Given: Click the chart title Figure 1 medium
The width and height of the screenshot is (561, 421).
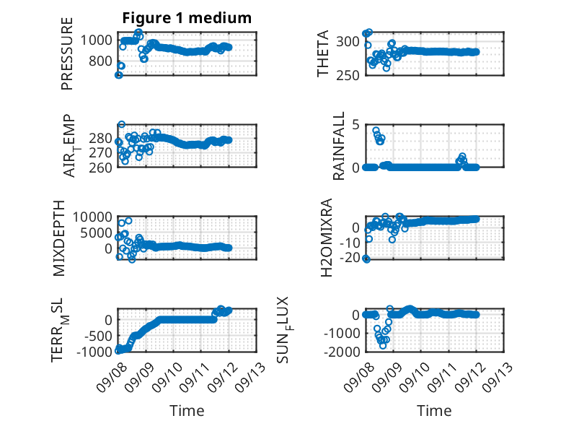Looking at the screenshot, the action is click(x=187, y=18).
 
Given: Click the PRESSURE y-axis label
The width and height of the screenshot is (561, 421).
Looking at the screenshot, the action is click(x=67, y=53).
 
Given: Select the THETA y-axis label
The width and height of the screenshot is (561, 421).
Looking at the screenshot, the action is click(x=323, y=53).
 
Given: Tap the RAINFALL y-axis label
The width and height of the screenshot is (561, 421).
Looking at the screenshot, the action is click(x=338, y=146).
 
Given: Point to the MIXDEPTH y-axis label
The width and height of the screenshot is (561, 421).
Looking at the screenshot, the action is click(x=59, y=238).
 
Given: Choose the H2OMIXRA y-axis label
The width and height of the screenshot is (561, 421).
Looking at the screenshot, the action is click(x=327, y=238).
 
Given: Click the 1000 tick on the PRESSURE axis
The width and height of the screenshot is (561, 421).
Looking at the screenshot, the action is click(x=96, y=40).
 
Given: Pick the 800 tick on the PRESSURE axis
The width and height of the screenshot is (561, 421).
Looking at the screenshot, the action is click(x=100, y=61).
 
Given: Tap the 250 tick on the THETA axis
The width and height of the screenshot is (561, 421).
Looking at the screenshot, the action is click(x=348, y=75).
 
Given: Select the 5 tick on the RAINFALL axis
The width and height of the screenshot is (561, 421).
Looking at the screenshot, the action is click(x=355, y=125).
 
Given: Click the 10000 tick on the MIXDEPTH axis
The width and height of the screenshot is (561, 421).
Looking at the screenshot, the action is click(x=92, y=217).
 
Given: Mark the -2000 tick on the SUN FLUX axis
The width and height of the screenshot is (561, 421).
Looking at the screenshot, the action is click(x=342, y=352).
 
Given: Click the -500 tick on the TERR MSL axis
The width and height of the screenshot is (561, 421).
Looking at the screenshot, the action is click(x=98, y=336).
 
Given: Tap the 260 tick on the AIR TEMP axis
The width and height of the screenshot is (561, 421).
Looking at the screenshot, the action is click(x=100, y=168).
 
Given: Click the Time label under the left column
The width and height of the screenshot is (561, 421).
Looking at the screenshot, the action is click(x=187, y=411).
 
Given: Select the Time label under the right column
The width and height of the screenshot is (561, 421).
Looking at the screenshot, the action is click(x=434, y=411).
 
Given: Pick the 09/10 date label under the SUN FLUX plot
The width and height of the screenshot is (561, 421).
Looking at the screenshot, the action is click(x=415, y=377).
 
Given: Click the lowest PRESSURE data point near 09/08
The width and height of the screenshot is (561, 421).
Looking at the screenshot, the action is click(x=118, y=75).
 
